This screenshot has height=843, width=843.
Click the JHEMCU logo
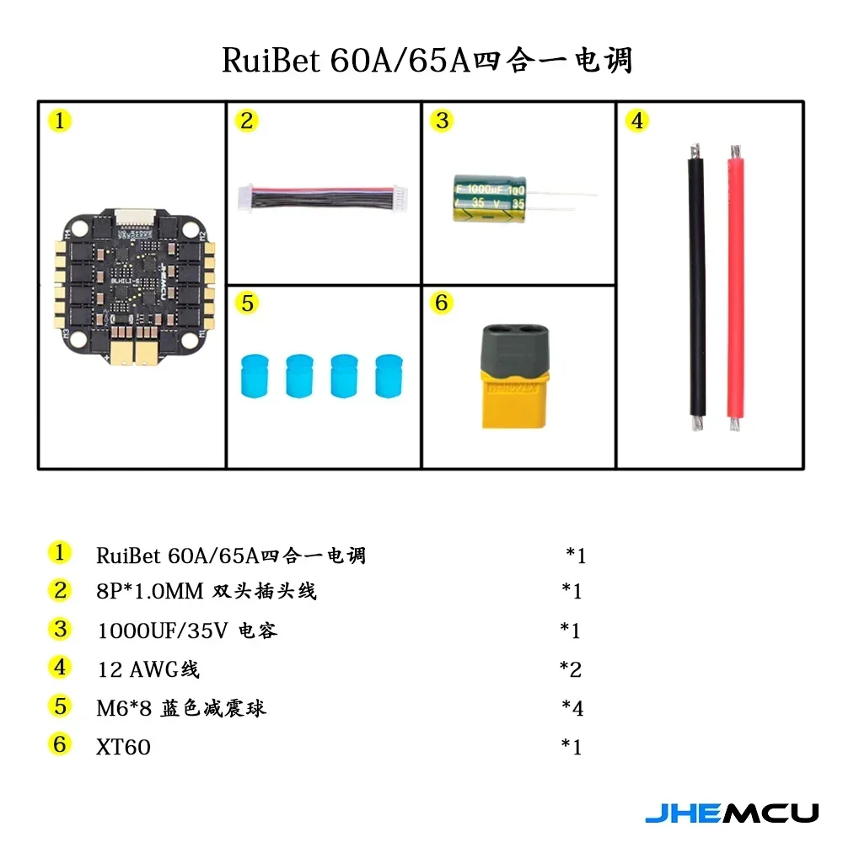(731, 813)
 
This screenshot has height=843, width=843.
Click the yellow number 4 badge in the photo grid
(636, 121)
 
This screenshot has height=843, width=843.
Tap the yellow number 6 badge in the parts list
(59, 744)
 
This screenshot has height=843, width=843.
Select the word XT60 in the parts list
(123, 746)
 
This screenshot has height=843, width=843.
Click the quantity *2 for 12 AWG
(572, 669)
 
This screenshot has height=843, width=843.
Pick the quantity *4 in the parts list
(572, 708)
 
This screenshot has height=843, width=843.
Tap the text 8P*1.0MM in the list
(150, 592)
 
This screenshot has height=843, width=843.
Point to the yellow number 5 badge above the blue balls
(246, 303)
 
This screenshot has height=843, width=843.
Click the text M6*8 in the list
(124, 708)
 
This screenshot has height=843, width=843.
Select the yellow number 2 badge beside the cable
(246, 121)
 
